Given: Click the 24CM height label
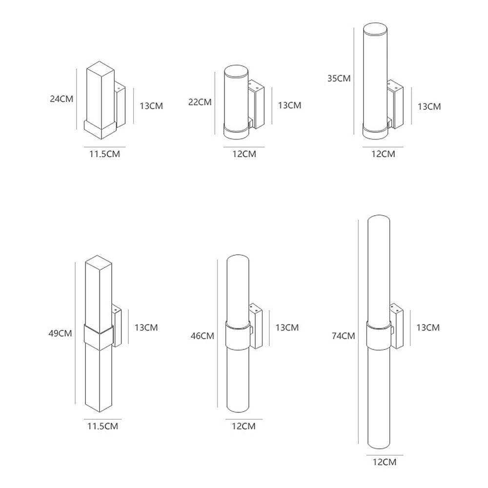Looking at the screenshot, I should (x=61, y=99).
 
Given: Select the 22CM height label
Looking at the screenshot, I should (x=200, y=102).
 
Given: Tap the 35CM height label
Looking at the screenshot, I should (x=339, y=78).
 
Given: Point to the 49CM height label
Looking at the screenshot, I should (x=61, y=334).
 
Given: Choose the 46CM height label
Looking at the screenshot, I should (x=203, y=336).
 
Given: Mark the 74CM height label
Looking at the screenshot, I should (x=342, y=336).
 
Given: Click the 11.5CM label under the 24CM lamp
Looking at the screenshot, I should (x=104, y=154).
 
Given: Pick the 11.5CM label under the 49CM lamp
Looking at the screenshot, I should (x=102, y=426).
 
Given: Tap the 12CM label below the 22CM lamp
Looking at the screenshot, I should (x=244, y=154).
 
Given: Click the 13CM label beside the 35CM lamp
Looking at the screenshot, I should (x=428, y=106).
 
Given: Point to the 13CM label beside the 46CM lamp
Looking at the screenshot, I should (x=287, y=327).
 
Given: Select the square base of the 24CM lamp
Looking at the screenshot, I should (x=100, y=128).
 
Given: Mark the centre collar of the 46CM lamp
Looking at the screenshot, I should (x=238, y=335).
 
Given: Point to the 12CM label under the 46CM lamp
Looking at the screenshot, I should (x=244, y=426).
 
